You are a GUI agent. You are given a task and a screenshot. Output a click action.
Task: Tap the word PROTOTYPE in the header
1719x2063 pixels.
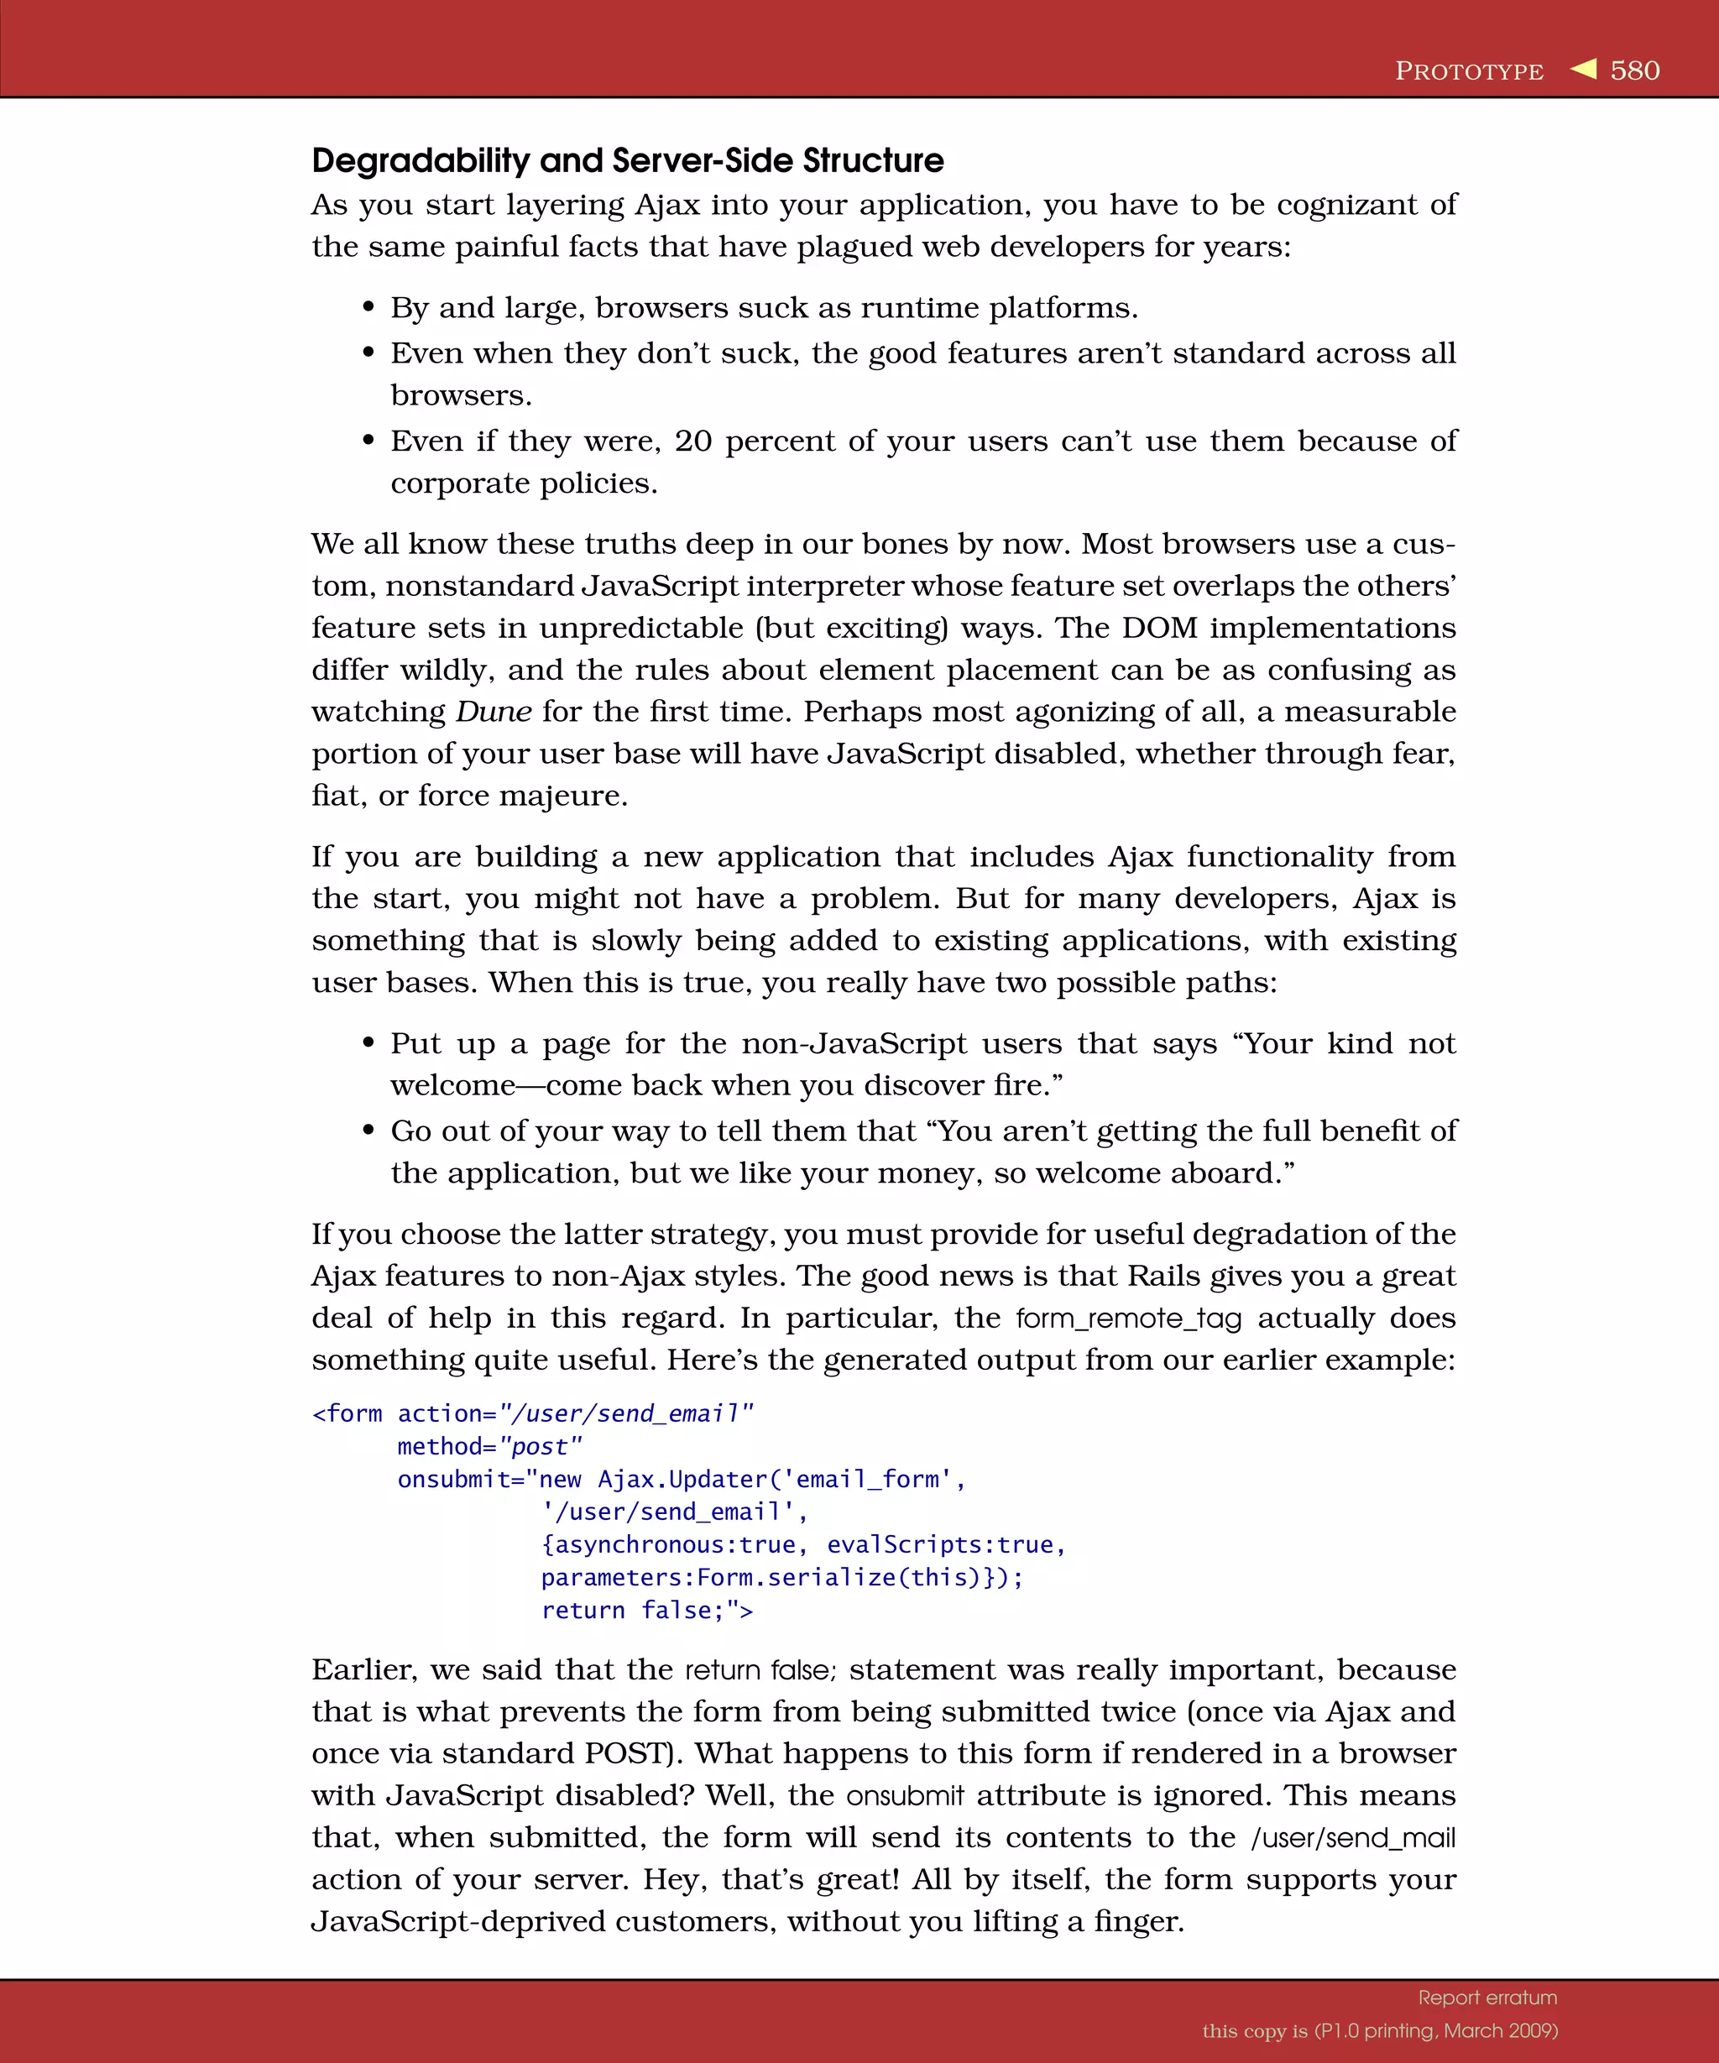(1469, 71)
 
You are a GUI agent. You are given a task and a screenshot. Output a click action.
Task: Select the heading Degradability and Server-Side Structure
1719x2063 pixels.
(627, 160)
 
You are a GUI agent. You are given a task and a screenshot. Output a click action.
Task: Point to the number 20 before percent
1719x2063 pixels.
(692, 441)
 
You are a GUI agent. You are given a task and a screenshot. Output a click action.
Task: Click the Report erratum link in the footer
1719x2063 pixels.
(1487, 1998)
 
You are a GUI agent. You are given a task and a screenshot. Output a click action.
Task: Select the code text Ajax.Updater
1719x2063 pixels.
(682, 1480)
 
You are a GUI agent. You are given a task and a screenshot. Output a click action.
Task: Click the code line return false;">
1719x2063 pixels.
(646, 1610)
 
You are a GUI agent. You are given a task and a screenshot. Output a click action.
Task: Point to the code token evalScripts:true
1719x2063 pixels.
(940, 1544)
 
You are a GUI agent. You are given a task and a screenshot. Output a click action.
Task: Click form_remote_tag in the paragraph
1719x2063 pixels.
(1129, 1319)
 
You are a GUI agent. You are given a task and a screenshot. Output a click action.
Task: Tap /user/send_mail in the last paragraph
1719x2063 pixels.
(1352, 1837)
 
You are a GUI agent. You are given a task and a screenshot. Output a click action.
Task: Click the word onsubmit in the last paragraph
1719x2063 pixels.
(905, 1796)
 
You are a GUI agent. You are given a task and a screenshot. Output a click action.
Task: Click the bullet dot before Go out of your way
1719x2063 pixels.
(368, 1131)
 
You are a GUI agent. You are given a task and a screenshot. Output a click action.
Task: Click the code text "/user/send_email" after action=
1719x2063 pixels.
(625, 1413)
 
